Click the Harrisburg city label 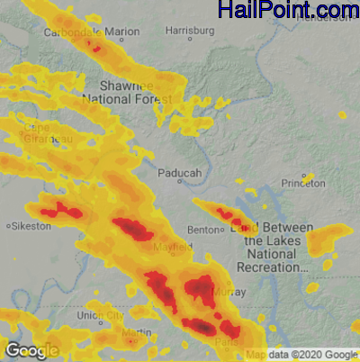(191, 32)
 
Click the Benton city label (202, 230)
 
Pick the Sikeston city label (32, 225)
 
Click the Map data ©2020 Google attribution (301, 354)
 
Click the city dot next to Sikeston (8, 225)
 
